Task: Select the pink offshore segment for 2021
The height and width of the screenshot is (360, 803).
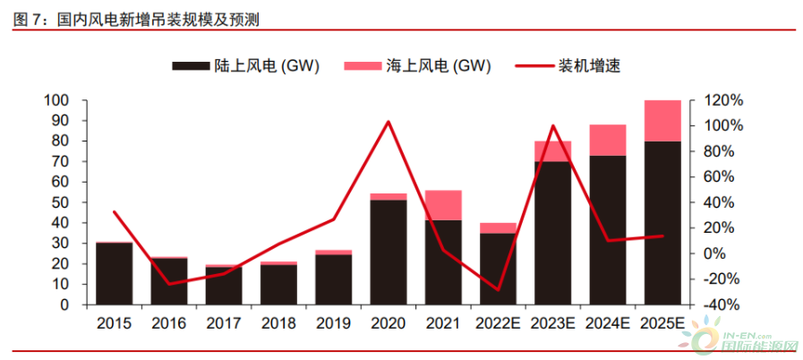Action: click(443, 205)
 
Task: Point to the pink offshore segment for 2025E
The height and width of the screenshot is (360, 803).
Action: click(663, 121)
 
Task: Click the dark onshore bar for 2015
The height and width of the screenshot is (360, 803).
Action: click(114, 273)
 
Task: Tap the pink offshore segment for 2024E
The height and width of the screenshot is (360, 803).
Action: click(608, 140)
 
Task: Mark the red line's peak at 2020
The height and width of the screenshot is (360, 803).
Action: click(389, 121)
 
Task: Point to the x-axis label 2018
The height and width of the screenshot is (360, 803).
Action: click(278, 321)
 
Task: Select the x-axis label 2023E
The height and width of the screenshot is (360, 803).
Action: click(553, 321)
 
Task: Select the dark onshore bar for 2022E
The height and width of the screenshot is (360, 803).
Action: click(498, 269)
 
